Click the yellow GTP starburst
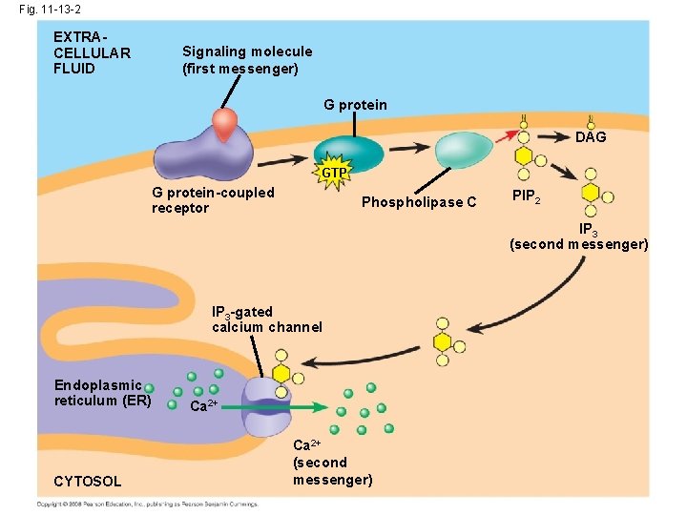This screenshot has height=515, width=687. click(x=334, y=173)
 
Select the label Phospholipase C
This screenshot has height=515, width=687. click(x=419, y=202)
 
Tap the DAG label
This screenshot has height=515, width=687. click(x=591, y=137)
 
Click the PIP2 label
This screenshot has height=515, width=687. click(x=527, y=196)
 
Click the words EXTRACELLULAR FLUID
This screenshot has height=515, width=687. click(x=92, y=52)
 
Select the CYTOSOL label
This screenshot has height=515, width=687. click(x=87, y=480)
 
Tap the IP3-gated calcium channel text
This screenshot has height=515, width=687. click(x=266, y=319)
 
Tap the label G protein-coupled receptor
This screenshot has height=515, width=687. click(x=213, y=199)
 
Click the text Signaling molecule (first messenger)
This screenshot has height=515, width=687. click(x=246, y=60)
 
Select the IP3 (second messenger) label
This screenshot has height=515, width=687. click(x=578, y=237)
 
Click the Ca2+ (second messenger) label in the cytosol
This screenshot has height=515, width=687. click(x=332, y=463)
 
